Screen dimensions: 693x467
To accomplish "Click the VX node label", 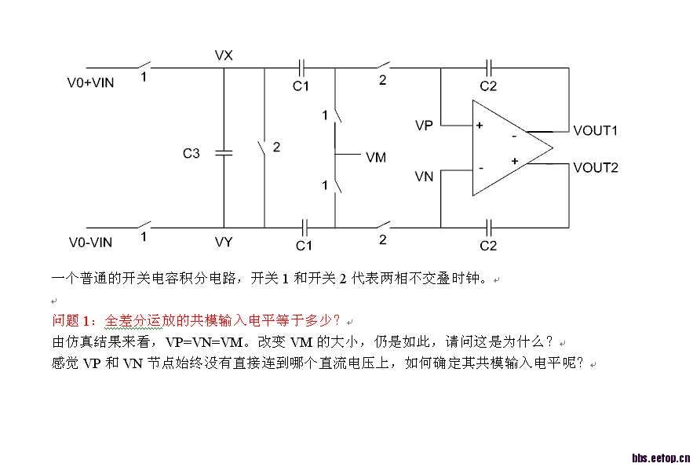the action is (x=224, y=55).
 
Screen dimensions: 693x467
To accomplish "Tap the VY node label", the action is (x=224, y=242).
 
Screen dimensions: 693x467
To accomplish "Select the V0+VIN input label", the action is (x=90, y=82).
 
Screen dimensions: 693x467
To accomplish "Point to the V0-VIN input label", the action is (x=90, y=243).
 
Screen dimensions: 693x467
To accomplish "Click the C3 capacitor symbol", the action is (x=224, y=153).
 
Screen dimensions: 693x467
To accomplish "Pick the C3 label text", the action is (x=191, y=153).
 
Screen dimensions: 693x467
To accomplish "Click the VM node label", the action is (x=376, y=157).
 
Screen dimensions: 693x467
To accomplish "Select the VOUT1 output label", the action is (x=596, y=131).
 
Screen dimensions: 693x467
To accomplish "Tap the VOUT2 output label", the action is (x=596, y=168).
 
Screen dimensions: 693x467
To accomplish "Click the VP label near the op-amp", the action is (x=424, y=126).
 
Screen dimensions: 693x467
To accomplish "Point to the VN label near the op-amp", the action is (x=424, y=177).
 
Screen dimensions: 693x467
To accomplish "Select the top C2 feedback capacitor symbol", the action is (x=488, y=68).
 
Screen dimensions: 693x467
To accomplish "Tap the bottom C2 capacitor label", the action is (x=488, y=246).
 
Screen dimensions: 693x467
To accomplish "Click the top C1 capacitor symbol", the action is (x=302, y=68).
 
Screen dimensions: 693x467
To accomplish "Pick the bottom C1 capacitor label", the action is (x=304, y=246).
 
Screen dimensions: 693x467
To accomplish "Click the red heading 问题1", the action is (x=71, y=320).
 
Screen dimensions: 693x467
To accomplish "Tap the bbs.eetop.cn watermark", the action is (x=661, y=458).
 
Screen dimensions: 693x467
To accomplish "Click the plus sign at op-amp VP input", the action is (x=480, y=126).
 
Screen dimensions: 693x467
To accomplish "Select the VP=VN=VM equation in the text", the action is (x=204, y=342).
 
